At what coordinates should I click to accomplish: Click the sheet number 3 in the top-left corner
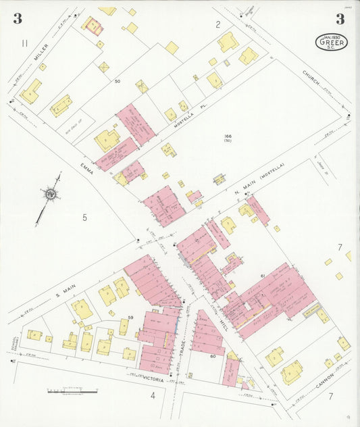coord(17,19)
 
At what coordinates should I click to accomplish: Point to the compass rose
coord(49,195)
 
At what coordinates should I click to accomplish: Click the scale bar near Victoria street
coord(72,391)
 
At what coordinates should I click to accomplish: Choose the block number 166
coord(228,137)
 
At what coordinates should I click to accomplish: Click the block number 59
coord(131,317)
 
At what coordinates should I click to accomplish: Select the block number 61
coord(262,276)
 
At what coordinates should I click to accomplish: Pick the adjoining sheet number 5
coord(84,217)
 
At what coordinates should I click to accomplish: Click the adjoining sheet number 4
coord(153,395)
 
